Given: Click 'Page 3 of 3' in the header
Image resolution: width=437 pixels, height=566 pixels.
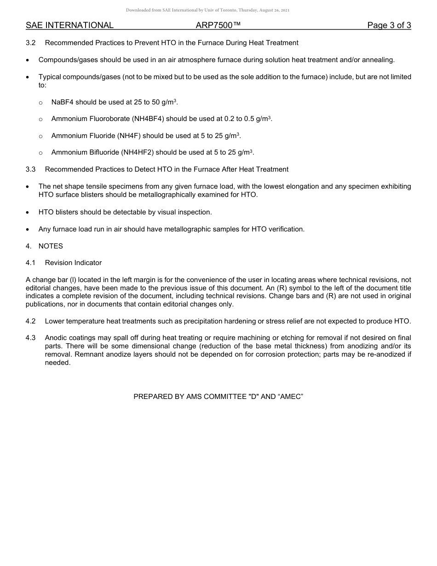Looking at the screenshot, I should (x=389, y=25).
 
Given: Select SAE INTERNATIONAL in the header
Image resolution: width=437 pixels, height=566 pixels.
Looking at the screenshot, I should (x=69, y=25).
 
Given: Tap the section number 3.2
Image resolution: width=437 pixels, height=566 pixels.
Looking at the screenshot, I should (x=30, y=43).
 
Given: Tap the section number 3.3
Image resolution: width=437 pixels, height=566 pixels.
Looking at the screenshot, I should (x=30, y=169).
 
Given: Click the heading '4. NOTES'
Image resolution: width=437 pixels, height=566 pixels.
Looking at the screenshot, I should (x=44, y=246).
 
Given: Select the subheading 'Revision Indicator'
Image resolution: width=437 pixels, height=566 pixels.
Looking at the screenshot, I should (x=73, y=263).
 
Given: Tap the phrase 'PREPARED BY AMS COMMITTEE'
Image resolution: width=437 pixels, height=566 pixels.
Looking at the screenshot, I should (x=190, y=396).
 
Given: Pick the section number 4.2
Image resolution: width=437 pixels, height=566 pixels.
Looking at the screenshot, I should (x=30, y=321).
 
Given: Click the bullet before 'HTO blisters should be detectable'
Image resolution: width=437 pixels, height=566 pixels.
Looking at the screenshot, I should (x=28, y=212).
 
